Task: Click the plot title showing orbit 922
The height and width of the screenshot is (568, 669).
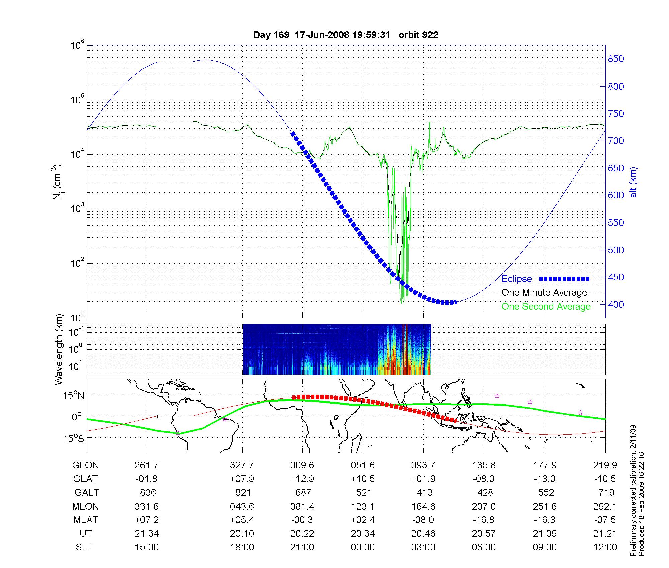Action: click(x=346, y=35)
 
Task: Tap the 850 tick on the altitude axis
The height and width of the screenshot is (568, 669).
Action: click(x=616, y=59)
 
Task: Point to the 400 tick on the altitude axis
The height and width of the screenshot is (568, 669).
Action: click(x=616, y=304)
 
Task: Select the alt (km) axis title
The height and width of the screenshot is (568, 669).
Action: click(x=633, y=182)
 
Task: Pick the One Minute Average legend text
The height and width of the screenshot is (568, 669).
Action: click(x=544, y=293)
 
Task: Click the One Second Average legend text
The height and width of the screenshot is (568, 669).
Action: click(x=546, y=307)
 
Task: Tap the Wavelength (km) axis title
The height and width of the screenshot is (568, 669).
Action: click(x=59, y=349)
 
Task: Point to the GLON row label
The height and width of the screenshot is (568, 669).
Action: click(x=85, y=465)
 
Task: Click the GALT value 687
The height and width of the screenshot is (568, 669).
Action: click(x=303, y=492)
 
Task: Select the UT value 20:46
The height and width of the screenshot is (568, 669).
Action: click(x=423, y=534)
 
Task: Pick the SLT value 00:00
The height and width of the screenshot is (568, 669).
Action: click(x=363, y=547)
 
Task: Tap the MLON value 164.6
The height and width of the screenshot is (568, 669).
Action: click(x=423, y=506)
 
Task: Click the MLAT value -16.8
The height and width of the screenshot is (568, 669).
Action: click(x=484, y=520)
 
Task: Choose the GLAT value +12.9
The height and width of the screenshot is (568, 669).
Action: click(x=302, y=479)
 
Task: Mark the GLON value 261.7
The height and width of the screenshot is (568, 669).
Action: click(x=147, y=465)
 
